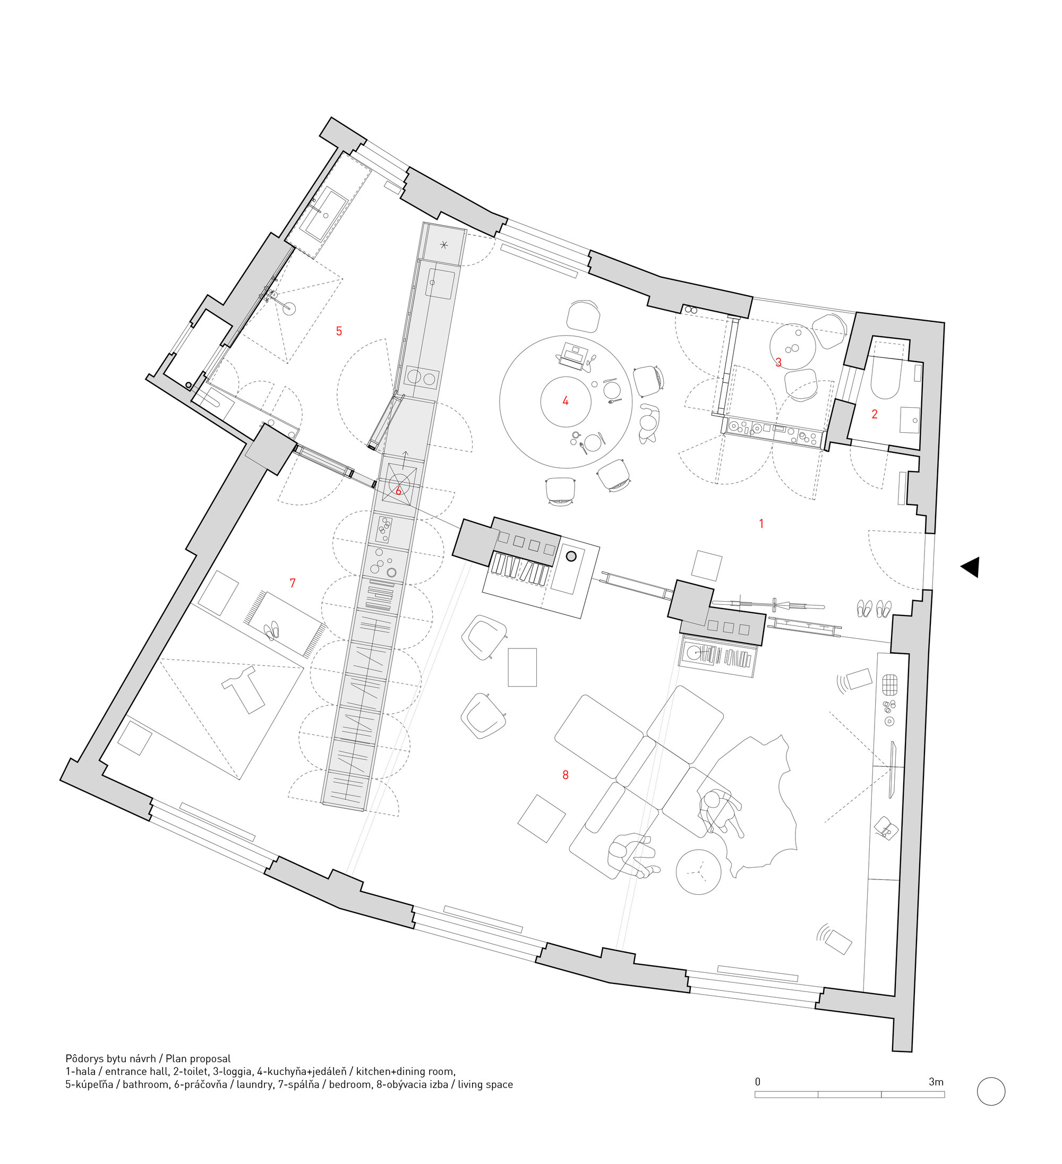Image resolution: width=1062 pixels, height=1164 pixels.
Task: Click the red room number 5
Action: (x=339, y=331)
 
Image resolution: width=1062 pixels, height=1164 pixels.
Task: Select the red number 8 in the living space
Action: (x=566, y=775)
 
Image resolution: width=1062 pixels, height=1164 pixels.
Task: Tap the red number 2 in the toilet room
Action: (x=875, y=414)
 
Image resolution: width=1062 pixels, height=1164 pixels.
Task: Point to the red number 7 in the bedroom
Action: (x=292, y=583)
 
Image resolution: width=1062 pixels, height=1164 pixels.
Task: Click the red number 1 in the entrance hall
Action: (x=761, y=524)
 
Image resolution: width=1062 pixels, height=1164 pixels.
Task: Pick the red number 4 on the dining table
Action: (x=566, y=401)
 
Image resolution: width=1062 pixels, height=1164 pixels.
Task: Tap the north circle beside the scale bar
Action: (x=991, y=1091)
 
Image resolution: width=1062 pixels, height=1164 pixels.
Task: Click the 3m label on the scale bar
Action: (x=936, y=1082)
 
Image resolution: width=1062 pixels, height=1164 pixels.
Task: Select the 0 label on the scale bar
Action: (x=758, y=1082)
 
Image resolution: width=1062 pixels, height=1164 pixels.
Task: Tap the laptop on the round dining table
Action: (x=573, y=356)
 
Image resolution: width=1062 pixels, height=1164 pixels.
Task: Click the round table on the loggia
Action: (x=793, y=347)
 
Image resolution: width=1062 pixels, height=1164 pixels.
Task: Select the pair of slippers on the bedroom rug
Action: (x=271, y=630)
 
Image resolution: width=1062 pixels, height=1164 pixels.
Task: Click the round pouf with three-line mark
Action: (x=699, y=872)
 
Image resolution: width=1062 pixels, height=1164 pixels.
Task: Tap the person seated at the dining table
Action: (x=649, y=423)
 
